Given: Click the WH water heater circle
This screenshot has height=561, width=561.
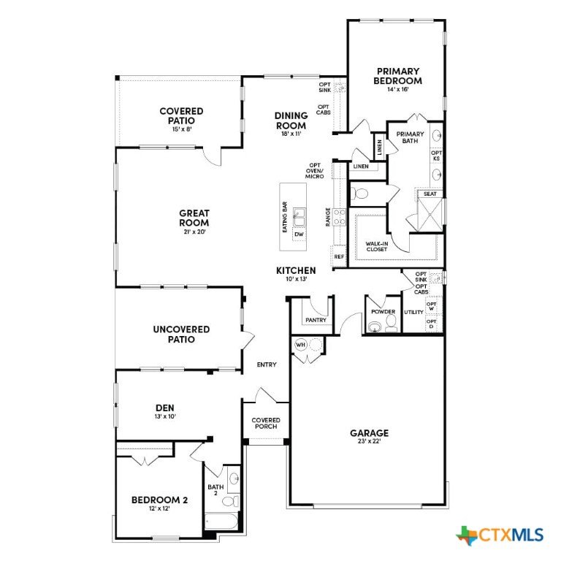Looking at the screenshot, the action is pos(300,345).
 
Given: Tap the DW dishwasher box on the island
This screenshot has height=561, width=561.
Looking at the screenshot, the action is pos(299,234).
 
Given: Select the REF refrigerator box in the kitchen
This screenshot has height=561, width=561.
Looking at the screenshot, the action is pos(339,256).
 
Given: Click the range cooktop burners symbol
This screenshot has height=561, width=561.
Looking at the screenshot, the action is pos(340,217).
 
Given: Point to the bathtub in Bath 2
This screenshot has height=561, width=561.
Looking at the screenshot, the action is pos(221,522).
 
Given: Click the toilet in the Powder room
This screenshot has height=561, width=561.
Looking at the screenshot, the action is pos(391,324).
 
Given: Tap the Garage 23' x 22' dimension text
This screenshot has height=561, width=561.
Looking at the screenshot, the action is pos(369,441).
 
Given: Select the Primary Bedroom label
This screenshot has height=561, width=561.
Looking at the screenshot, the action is pos(397,76).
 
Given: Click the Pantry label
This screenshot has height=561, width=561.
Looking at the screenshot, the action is pos(316,320).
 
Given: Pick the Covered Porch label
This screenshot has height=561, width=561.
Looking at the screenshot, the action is pos(266,423).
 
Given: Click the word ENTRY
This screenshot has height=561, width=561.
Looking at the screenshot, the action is pos(267,365).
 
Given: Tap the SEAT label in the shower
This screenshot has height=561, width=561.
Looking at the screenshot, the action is pos(430,194).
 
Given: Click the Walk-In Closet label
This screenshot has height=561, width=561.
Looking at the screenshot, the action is pos(377,246).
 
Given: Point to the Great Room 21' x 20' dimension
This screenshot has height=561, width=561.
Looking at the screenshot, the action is pos(194,232).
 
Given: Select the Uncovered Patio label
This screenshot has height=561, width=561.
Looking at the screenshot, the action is pos(181,334).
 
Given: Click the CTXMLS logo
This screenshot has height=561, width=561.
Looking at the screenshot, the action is pos(500,535).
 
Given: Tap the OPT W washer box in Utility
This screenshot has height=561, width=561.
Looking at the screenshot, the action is pos(432,306).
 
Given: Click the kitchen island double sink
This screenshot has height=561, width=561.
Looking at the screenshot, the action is pos(299,217).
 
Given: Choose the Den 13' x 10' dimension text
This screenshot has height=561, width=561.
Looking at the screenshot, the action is pos(165,416).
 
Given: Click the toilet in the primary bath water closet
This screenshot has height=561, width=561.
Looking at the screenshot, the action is pos(360,194).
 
